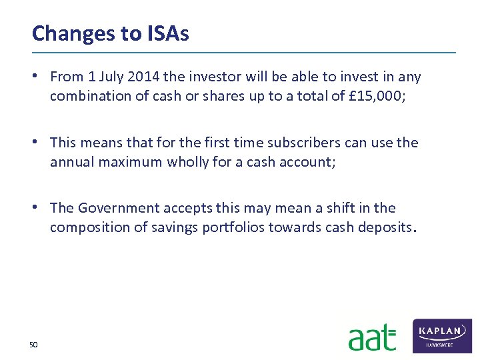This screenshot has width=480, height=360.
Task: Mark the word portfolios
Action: coord(233,227)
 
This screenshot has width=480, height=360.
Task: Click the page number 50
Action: coord(33,344)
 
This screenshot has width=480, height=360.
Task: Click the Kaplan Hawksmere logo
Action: coord(442,335)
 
